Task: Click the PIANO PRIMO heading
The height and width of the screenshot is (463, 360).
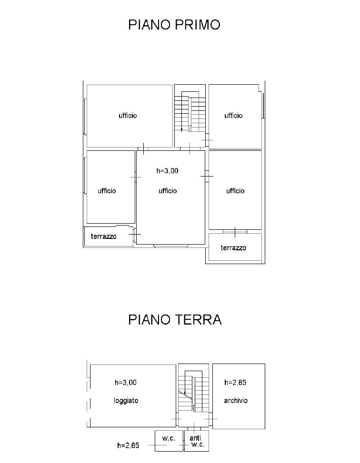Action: point(174,25)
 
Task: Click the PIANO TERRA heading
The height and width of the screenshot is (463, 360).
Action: point(175,319)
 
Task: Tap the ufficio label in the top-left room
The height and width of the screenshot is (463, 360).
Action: point(128,116)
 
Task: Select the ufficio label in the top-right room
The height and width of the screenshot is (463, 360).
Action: point(233,116)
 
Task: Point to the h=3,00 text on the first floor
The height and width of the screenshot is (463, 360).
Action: point(167,171)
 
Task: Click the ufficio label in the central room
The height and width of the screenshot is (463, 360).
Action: point(168,191)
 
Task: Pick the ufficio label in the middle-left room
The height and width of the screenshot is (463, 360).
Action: point(107,191)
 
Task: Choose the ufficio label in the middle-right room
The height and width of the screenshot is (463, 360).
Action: point(235,191)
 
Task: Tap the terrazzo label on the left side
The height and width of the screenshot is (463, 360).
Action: point(104,236)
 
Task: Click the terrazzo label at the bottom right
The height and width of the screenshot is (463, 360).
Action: point(233,248)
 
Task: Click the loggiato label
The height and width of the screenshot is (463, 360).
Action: point(126,401)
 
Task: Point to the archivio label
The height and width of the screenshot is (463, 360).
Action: point(236,401)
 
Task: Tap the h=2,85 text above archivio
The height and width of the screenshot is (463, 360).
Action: point(235,382)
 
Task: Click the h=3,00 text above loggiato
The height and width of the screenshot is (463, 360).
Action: point(126,382)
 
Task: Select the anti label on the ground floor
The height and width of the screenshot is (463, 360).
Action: point(194,438)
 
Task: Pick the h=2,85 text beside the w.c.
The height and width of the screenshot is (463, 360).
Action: point(128,446)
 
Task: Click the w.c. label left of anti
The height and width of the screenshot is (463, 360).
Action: point(167,438)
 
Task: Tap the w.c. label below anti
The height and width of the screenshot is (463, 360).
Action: point(198,445)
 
